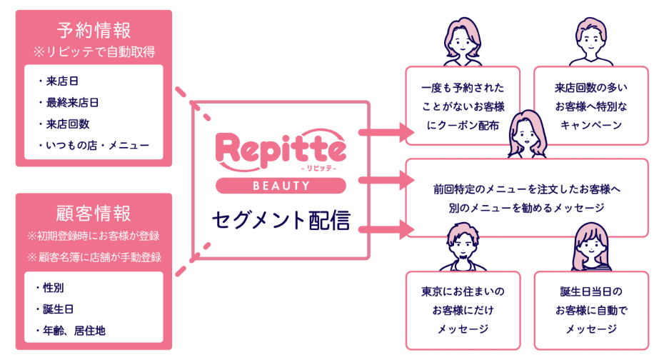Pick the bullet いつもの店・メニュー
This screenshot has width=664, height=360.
pyautogui.click(x=94, y=145)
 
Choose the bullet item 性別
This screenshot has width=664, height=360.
pyautogui.click(x=54, y=288)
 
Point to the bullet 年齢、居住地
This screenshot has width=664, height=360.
pyautogui.click(x=70, y=330)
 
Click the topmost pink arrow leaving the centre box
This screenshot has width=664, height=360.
pyautogui.click(x=386, y=132)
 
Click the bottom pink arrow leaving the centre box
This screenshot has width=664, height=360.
pyautogui.click(x=386, y=229)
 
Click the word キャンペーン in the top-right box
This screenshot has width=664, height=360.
pyautogui.click(x=590, y=124)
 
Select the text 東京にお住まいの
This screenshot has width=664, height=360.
pyautogui.click(x=463, y=292)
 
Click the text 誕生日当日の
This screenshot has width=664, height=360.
pyautogui.click(x=590, y=292)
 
